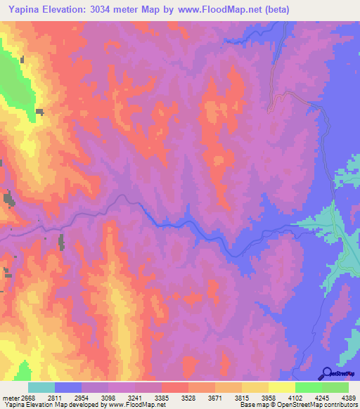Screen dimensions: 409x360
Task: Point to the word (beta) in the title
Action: coord(272,10)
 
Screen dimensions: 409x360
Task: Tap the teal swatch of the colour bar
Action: coord(41,387)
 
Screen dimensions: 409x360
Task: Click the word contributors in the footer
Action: coord(341,405)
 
